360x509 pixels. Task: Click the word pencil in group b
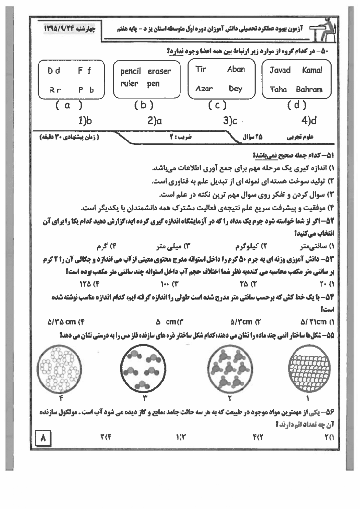tap(130, 72)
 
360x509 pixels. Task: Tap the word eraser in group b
tap(159, 72)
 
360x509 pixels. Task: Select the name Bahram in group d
tap(309, 89)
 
